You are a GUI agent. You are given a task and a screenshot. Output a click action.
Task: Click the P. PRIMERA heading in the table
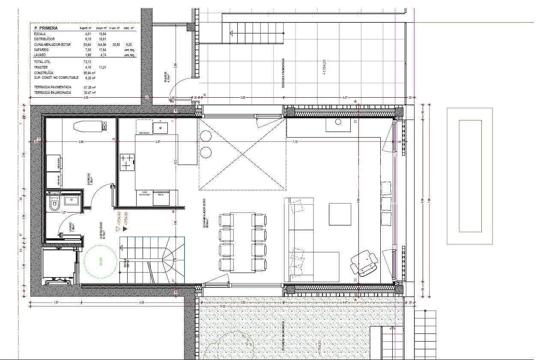(x=46, y=28)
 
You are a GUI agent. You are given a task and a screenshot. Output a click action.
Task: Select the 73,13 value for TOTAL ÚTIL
(x=87, y=62)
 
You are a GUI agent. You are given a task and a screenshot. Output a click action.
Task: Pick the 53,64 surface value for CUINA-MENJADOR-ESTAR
(x=87, y=45)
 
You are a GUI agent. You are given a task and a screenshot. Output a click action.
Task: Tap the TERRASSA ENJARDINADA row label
(x=53, y=93)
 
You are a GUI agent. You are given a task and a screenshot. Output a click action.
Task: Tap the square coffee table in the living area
(x=340, y=214)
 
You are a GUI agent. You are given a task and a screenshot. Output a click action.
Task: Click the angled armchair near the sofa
(x=364, y=263)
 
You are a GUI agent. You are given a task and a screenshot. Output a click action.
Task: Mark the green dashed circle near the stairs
(x=101, y=261)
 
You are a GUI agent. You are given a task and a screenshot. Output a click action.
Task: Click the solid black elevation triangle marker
(x=125, y=229)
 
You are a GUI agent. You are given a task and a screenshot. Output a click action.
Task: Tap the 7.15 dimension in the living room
(x=295, y=142)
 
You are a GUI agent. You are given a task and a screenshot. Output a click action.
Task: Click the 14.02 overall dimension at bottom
(x=222, y=306)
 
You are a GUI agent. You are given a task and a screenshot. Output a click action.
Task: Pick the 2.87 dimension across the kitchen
(x=158, y=142)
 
